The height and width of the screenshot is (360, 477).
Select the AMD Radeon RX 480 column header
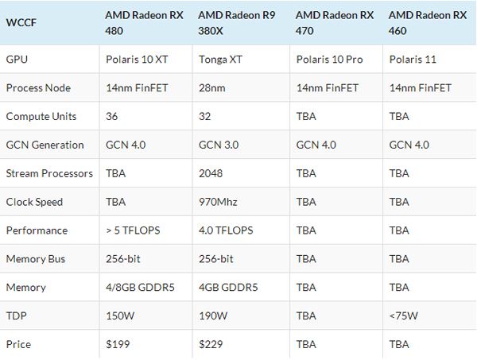[144, 23]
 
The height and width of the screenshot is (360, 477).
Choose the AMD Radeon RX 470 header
[335, 23]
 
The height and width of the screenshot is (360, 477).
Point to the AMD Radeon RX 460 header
[427, 23]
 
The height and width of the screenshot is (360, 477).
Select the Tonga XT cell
[219, 59]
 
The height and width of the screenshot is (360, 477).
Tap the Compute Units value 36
[113, 116]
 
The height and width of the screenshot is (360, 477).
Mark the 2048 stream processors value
[211, 173]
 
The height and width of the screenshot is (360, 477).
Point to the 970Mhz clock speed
[219, 202]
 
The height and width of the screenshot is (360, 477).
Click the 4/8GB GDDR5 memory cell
[140, 287]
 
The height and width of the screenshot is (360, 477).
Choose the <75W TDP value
[404, 315]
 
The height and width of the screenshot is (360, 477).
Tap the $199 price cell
[118, 344]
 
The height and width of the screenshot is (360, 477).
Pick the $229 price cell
[211, 344]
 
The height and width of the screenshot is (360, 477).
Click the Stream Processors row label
[49, 173]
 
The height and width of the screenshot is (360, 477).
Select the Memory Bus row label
[36, 258]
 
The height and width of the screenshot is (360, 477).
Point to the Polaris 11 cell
[413, 59]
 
